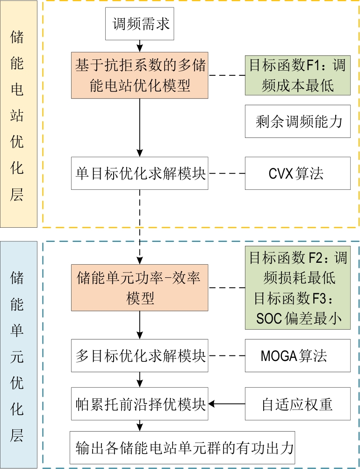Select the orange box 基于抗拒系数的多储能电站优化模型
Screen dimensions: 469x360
point(140,75)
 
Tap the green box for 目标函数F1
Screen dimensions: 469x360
point(297,75)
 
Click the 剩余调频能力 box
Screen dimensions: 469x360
point(297,121)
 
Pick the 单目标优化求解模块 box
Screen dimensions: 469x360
point(140,173)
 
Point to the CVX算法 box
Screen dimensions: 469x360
point(297,173)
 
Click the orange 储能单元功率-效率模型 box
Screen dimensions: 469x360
point(140,287)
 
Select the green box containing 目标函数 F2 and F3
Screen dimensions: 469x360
point(297,288)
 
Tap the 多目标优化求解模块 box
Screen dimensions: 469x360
point(140,355)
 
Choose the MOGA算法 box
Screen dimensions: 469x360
point(297,355)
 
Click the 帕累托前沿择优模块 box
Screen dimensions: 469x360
point(140,404)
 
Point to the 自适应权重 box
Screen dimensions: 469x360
point(297,404)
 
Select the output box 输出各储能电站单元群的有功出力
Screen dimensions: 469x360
point(182,447)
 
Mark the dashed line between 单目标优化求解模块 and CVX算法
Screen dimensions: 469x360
point(227,173)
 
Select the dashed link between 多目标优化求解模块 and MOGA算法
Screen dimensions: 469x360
point(227,355)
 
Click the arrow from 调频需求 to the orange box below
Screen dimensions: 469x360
point(139,45)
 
